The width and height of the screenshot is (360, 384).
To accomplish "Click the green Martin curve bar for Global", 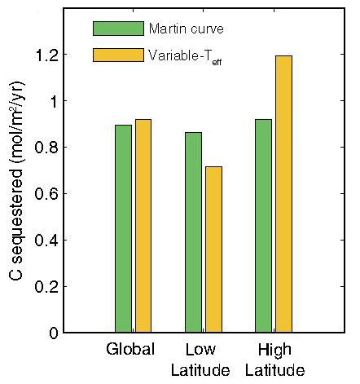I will (x=123, y=229).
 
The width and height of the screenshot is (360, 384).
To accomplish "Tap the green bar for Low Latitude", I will (x=193, y=232).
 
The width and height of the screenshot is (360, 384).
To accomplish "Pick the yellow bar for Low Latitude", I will (x=213, y=249).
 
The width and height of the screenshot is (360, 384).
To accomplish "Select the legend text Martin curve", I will (x=186, y=29).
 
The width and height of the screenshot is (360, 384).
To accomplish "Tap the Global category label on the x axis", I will (x=130, y=351).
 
